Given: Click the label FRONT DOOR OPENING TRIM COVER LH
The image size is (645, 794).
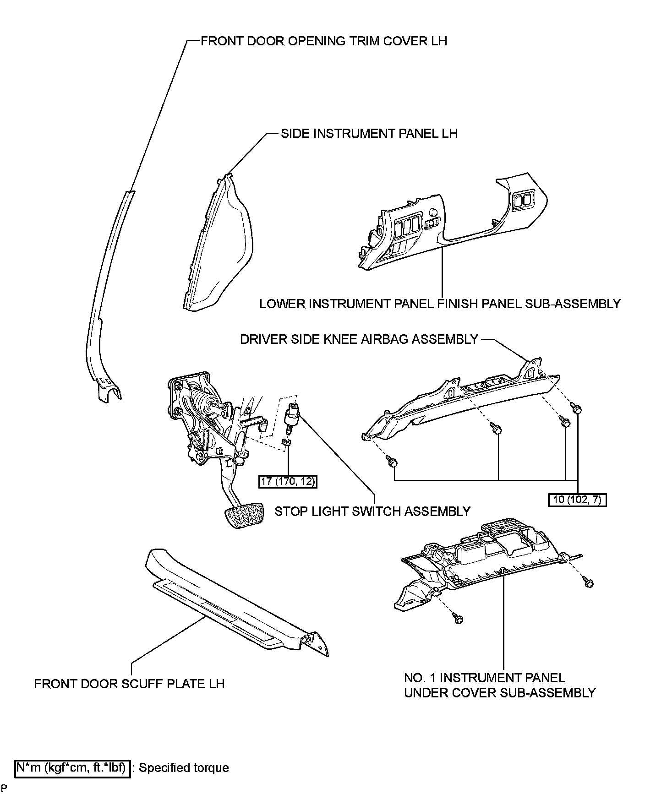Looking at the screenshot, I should pos(323,41).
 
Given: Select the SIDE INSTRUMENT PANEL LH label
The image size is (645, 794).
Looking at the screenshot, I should pos(369,133).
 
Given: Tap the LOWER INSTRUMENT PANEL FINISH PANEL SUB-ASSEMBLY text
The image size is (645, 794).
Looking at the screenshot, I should pos(440,304).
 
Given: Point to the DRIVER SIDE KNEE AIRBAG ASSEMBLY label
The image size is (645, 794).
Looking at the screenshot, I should pos(359,339).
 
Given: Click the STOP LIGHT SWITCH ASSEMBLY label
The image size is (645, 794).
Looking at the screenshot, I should pos(372,511).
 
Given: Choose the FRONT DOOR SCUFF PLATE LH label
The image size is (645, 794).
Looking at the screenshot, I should pos(129,684).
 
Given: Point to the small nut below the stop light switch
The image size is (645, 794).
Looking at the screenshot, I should pos(286,442).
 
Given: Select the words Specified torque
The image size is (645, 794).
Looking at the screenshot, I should pos(183,768).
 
